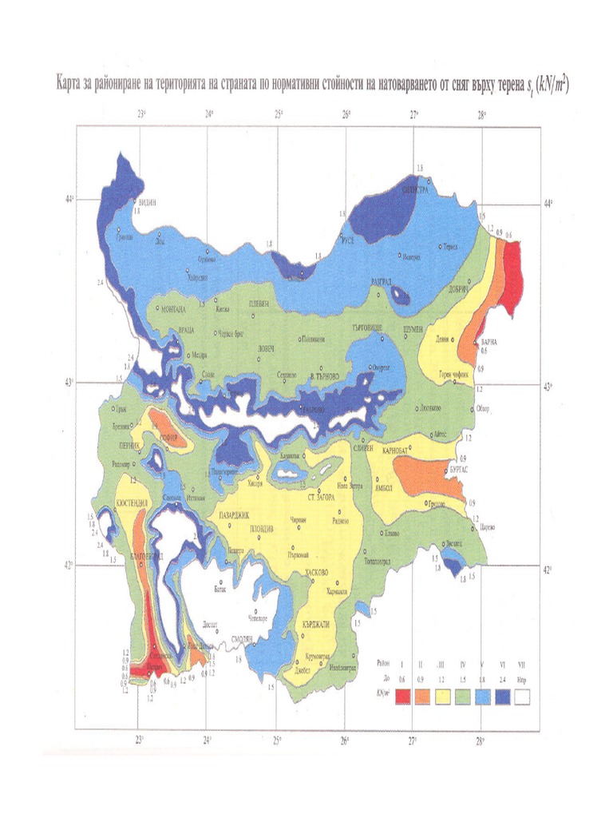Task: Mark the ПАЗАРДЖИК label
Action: tap(234, 515)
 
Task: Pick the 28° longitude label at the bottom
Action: tap(481, 741)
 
